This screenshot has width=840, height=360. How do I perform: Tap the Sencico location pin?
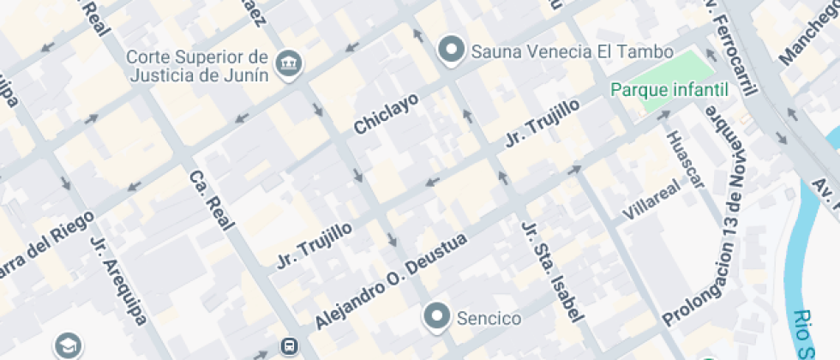[439, 317]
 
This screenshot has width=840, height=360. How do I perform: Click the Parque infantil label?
[669, 89]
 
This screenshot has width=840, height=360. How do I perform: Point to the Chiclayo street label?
[387, 114]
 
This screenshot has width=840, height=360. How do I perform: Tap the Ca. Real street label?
[212, 201]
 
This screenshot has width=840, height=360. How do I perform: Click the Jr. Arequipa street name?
[118, 279]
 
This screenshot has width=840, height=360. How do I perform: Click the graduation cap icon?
[66, 345]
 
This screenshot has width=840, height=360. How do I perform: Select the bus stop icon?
[289, 347]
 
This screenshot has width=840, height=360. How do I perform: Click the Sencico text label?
[489, 319]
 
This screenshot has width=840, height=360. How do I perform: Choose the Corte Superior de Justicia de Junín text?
[198, 65]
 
